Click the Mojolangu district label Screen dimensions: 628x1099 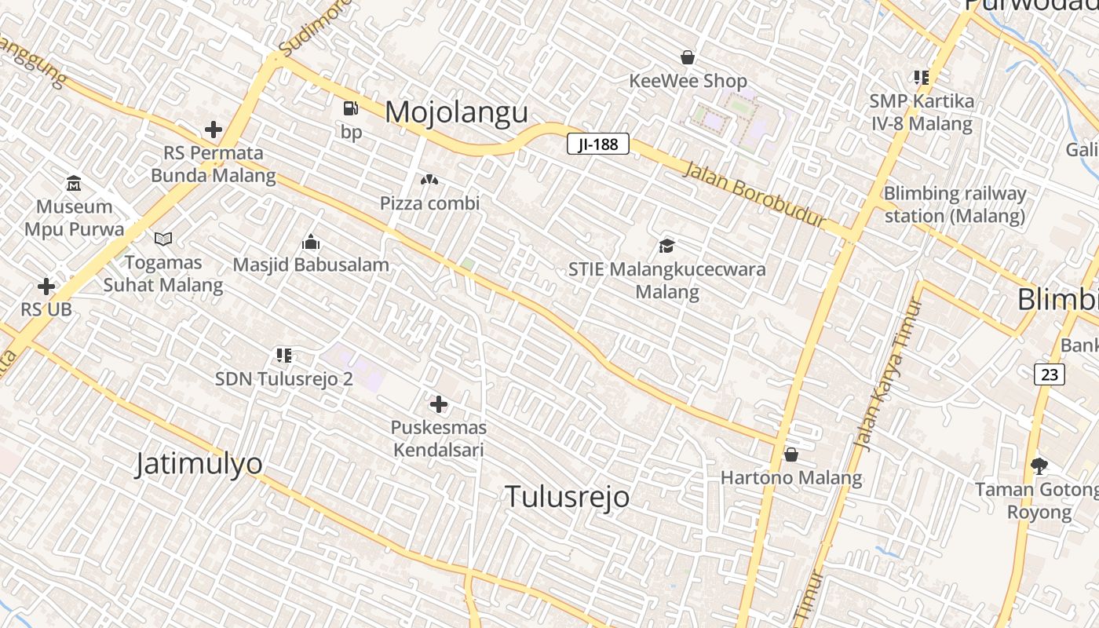click(456, 112)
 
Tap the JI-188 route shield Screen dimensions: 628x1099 click(598, 144)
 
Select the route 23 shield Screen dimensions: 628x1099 click(1050, 374)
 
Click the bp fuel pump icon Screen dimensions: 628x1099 click(351, 109)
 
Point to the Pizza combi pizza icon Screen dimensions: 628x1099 click(429, 181)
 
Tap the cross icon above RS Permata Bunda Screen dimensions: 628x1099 click(213, 130)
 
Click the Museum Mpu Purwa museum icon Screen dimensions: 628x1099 click(74, 184)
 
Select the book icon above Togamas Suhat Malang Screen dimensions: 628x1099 click(163, 239)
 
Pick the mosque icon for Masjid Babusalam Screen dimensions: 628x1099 click(311, 241)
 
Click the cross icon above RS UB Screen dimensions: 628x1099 click(46, 287)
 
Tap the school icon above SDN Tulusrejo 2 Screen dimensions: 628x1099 click(284, 356)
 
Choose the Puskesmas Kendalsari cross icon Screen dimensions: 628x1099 click(439, 404)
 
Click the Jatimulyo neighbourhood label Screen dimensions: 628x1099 click(199, 463)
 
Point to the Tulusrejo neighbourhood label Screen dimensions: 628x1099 click(567, 496)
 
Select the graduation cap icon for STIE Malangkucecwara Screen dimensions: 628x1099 click(666, 246)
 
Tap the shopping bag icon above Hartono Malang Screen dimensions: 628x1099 click(791, 455)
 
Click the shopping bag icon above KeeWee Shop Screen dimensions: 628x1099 click(688, 57)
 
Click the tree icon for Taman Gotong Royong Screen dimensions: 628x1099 click(1039, 466)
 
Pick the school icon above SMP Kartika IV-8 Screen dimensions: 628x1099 click(921, 77)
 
